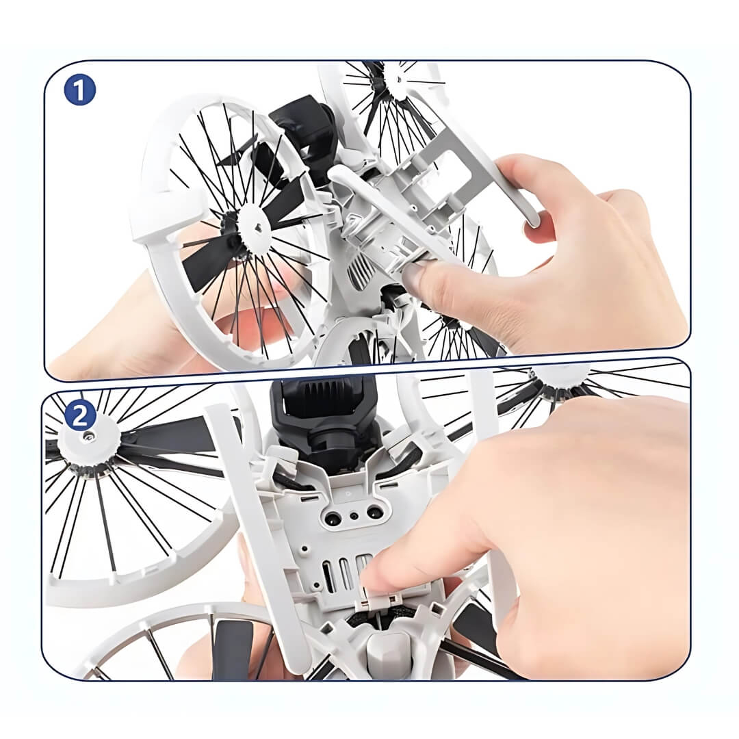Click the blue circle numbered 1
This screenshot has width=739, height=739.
tap(80, 90)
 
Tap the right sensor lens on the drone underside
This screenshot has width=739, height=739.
tap(374, 512)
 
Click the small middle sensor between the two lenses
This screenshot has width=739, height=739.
tap(354, 515)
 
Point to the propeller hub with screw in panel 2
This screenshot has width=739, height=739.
tap(82, 438)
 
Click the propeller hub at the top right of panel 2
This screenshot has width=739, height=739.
tap(561, 380)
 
